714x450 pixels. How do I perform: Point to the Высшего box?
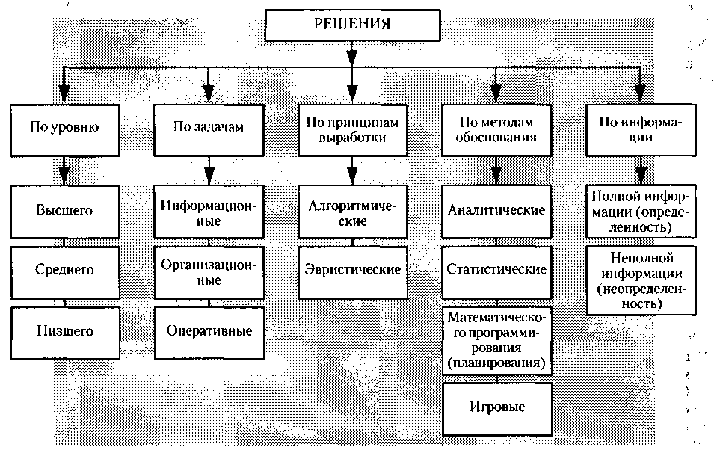(64, 210)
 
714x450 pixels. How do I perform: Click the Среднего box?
(64, 269)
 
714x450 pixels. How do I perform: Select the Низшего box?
(64, 330)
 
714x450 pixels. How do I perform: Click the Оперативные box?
(209, 330)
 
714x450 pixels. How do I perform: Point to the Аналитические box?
(496, 210)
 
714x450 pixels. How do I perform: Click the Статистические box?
(496, 269)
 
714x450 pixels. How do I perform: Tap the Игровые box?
(496, 407)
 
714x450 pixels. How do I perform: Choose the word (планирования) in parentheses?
(496, 363)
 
